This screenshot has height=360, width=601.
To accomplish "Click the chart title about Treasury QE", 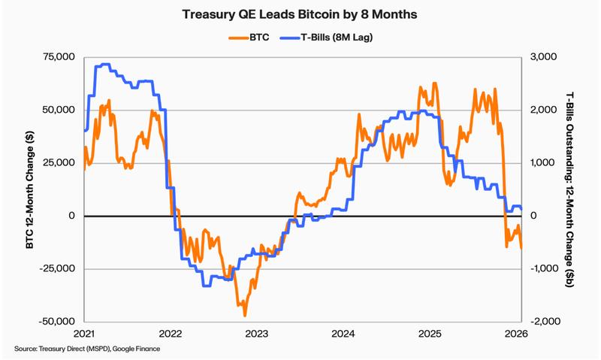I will [300, 14].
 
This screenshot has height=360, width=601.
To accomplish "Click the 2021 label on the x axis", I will [83, 333].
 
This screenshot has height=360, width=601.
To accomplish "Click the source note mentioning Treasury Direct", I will [87, 349].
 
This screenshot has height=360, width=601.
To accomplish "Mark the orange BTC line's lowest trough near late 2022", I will [245, 315].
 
